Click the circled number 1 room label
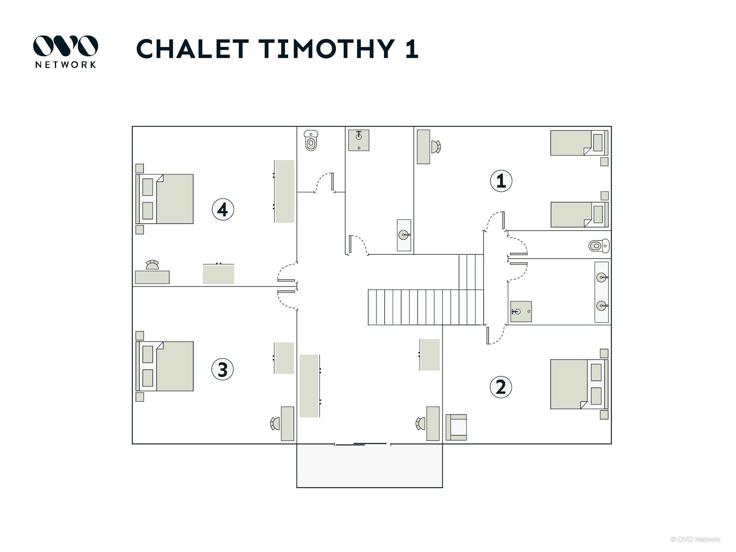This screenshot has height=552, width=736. pyautogui.click(x=501, y=181)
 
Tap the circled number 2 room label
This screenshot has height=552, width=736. pyautogui.click(x=501, y=387)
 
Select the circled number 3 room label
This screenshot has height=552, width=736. pyautogui.click(x=222, y=370)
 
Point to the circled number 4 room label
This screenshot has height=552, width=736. pyautogui.click(x=223, y=209)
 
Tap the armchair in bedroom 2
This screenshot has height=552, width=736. pyautogui.click(x=456, y=427)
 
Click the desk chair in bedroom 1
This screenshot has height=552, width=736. pyautogui.click(x=436, y=147)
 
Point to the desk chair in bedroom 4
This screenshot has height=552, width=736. pyautogui.click(x=152, y=265)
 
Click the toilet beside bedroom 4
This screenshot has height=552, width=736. pyautogui.click(x=311, y=140)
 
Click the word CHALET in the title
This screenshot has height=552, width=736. pyautogui.click(x=192, y=49)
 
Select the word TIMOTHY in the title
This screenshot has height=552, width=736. pyautogui.click(x=327, y=49)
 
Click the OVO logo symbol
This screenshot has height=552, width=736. pyautogui.click(x=66, y=46)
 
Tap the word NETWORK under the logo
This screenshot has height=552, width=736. pyautogui.click(x=66, y=65)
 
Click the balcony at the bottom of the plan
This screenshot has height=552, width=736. pyautogui.click(x=370, y=466)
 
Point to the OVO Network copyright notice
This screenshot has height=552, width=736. pyautogui.click(x=695, y=539)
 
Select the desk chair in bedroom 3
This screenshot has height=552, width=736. pyautogui.click(x=275, y=424)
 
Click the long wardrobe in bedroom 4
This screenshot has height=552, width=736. pyautogui.click(x=284, y=191)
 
